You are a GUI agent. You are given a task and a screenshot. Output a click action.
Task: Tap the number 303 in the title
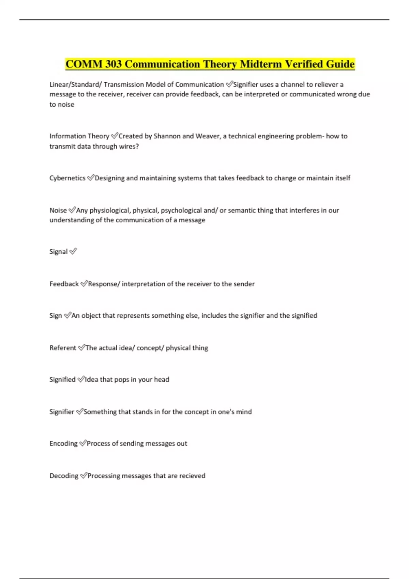pyautogui.click(x=113, y=64)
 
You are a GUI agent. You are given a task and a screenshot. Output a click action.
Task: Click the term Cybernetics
pyautogui.click(x=67, y=178)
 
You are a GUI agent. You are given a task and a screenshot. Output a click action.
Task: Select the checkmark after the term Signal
pyautogui.click(x=73, y=251)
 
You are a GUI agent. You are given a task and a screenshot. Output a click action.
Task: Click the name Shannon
pyautogui.click(x=167, y=136)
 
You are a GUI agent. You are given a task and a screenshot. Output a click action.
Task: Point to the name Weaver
pyautogui.click(x=207, y=136)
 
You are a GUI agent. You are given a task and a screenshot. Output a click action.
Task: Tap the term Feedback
pyautogui.click(x=64, y=284)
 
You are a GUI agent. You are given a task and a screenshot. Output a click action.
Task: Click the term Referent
pyautogui.click(x=63, y=348)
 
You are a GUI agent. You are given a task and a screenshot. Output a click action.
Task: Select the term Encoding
pyautogui.click(x=63, y=443)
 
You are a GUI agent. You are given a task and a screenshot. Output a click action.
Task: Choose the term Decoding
pyautogui.click(x=64, y=475)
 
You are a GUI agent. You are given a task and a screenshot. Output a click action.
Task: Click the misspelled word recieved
pyautogui.click(x=192, y=475)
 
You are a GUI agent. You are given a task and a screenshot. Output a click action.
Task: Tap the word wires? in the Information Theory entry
pyautogui.click(x=128, y=146)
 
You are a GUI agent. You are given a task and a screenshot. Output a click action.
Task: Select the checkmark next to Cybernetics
pyautogui.click(x=91, y=177)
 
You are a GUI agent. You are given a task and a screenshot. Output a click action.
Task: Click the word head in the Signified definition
pyautogui.click(x=162, y=379)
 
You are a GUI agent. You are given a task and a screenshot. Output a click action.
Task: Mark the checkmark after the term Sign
pyautogui.click(x=67, y=315)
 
